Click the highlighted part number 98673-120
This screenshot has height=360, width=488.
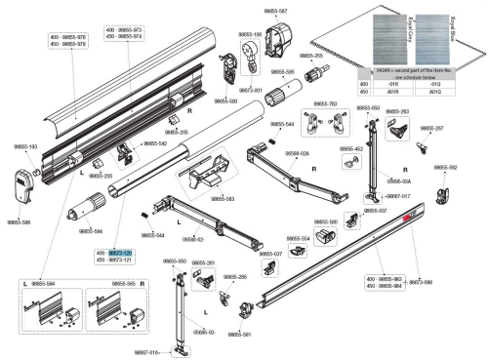[120, 252]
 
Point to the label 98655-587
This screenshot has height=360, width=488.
[276, 11]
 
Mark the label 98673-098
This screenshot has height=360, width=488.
[420, 282]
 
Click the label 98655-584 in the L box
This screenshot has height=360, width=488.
[43, 283]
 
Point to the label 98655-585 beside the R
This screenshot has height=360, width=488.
[125, 283]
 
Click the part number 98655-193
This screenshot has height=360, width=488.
[25, 146]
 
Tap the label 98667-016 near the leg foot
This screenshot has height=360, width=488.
[148, 352]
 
